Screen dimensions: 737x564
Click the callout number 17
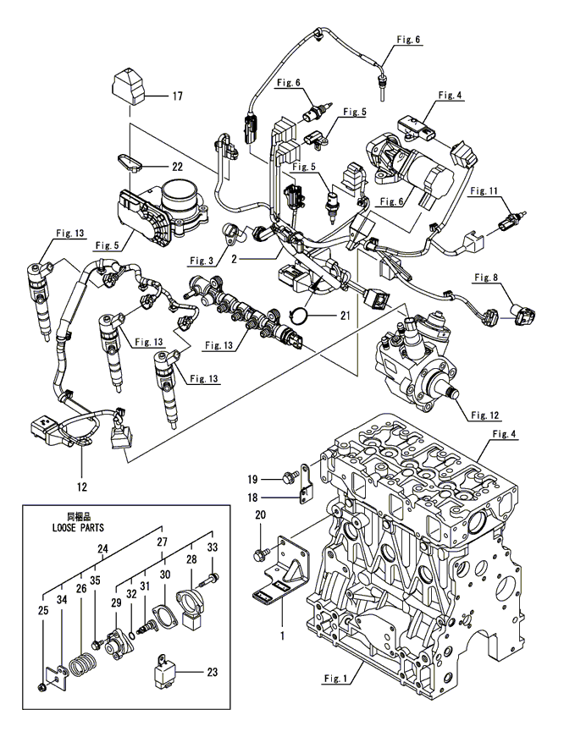click(x=177, y=96)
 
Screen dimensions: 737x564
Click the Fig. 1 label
click(x=340, y=677)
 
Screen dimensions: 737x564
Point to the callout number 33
click(x=213, y=547)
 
